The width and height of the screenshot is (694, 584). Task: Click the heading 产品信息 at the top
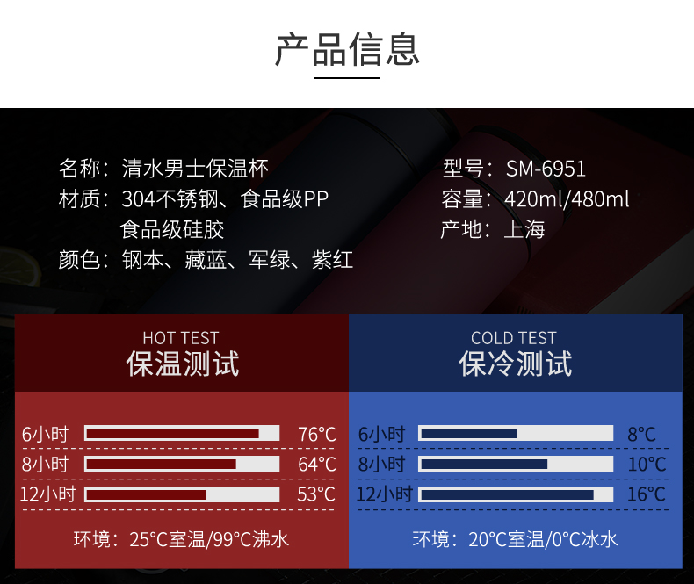(347, 49)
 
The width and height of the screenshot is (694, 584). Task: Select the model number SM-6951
(546, 169)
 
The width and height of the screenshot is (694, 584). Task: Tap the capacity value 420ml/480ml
(567, 198)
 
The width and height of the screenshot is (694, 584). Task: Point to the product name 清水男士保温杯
(195, 169)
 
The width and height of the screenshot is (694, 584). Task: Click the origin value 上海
(524, 229)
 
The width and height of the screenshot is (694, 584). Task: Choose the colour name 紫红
(332, 260)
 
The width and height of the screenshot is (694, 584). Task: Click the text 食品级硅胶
(172, 229)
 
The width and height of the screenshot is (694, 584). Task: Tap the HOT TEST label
(181, 338)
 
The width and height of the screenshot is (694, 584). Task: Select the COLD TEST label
(513, 338)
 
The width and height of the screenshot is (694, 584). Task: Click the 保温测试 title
(183, 364)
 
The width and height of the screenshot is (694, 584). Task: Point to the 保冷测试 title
(516, 364)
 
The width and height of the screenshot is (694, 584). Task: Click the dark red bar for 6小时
(172, 434)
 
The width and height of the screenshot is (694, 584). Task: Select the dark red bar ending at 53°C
(147, 494)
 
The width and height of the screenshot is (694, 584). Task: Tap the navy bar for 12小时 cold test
(507, 494)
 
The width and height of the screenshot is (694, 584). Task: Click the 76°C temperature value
(317, 435)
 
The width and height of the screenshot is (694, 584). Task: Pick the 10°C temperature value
(647, 465)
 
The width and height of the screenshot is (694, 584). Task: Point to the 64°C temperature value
(317, 465)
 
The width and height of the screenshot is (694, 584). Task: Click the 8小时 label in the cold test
(381, 464)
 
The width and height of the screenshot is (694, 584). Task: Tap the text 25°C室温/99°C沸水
(209, 540)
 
